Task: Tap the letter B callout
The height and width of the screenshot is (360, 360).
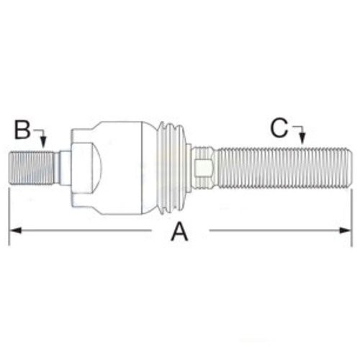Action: tap(22, 130)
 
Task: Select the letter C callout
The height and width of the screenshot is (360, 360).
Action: tap(279, 127)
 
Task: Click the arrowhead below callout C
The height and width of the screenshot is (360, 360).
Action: tap(302, 138)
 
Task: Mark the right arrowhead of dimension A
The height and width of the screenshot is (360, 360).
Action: tap(348, 230)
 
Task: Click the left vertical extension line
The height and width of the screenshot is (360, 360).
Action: tap(9, 216)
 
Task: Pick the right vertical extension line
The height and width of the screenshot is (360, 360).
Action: tap(352, 216)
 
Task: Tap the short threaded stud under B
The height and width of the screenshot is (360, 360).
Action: tap(33, 167)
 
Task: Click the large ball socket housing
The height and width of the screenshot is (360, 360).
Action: tap(115, 167)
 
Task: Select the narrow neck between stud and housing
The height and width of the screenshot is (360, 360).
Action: tap(64, 167)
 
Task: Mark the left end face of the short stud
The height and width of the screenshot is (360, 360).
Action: tap(11, 167)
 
